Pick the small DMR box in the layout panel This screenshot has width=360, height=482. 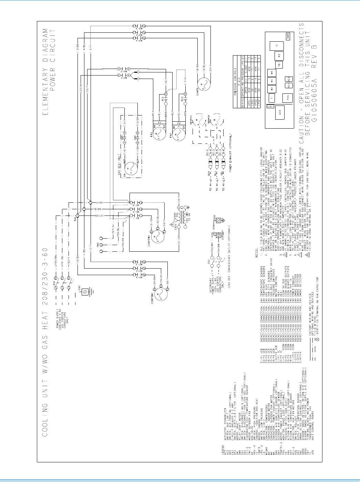pyautogui.click(x=288, y=36)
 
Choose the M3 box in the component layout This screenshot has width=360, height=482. pyautogui.click(x=279, y=55)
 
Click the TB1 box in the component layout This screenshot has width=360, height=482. pyautogui.click(x=279, y=65)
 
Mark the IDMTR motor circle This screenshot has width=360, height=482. pyautogui.click(x=203, y=85)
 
